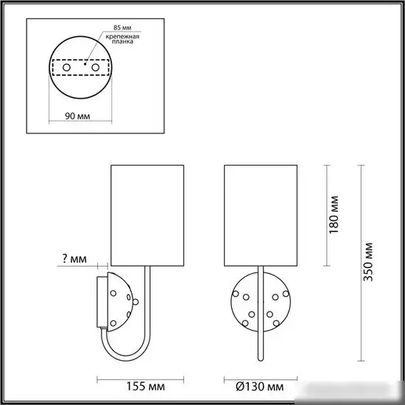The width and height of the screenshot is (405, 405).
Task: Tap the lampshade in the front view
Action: (x=258, y=214)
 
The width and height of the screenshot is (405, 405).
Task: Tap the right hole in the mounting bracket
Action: (x=95, y=67)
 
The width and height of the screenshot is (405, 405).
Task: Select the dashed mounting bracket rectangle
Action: (x=81, y=67)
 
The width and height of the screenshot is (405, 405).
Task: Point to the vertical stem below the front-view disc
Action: (x=258, y=346)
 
